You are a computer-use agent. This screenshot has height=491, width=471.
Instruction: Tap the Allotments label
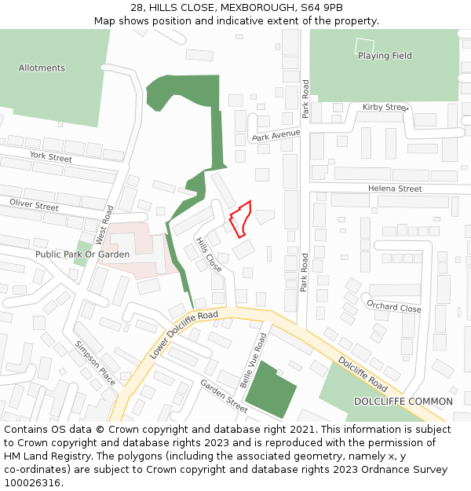coord(42,68)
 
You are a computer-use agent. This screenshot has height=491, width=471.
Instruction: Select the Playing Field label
coord(385,56)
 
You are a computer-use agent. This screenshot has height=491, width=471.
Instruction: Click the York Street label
coord(50,157)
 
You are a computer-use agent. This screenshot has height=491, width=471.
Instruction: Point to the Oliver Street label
coord(34,205)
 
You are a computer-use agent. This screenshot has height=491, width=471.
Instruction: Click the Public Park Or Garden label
coord(82,255)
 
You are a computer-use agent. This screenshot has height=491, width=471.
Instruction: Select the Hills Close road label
coord(208,255)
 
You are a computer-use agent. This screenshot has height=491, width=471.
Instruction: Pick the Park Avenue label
coord(276,136)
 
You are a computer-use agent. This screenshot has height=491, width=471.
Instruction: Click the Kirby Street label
coord(385,107)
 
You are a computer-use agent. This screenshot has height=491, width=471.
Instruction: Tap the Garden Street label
coord(223,395)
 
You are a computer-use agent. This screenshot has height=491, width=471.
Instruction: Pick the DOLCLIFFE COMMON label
coord(403,401)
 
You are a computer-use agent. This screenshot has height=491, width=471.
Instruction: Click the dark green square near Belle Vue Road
coord(269,390)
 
